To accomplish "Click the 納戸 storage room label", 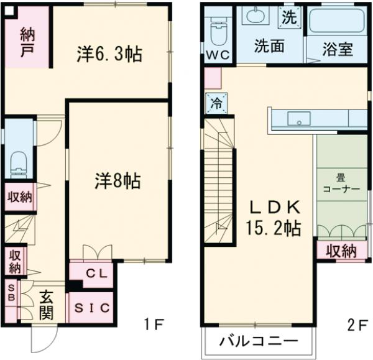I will click(27, 41).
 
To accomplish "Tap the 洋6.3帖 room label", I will click(109, 55).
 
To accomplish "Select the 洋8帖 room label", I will click(117, 182).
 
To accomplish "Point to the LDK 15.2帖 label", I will click(275, 217).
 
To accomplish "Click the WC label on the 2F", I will click(218, 55).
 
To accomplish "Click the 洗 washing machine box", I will click(288, 17).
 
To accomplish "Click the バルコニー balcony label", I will click(259, 341).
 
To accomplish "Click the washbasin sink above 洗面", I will click(254, 16).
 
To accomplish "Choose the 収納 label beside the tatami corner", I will click(340, 251).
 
